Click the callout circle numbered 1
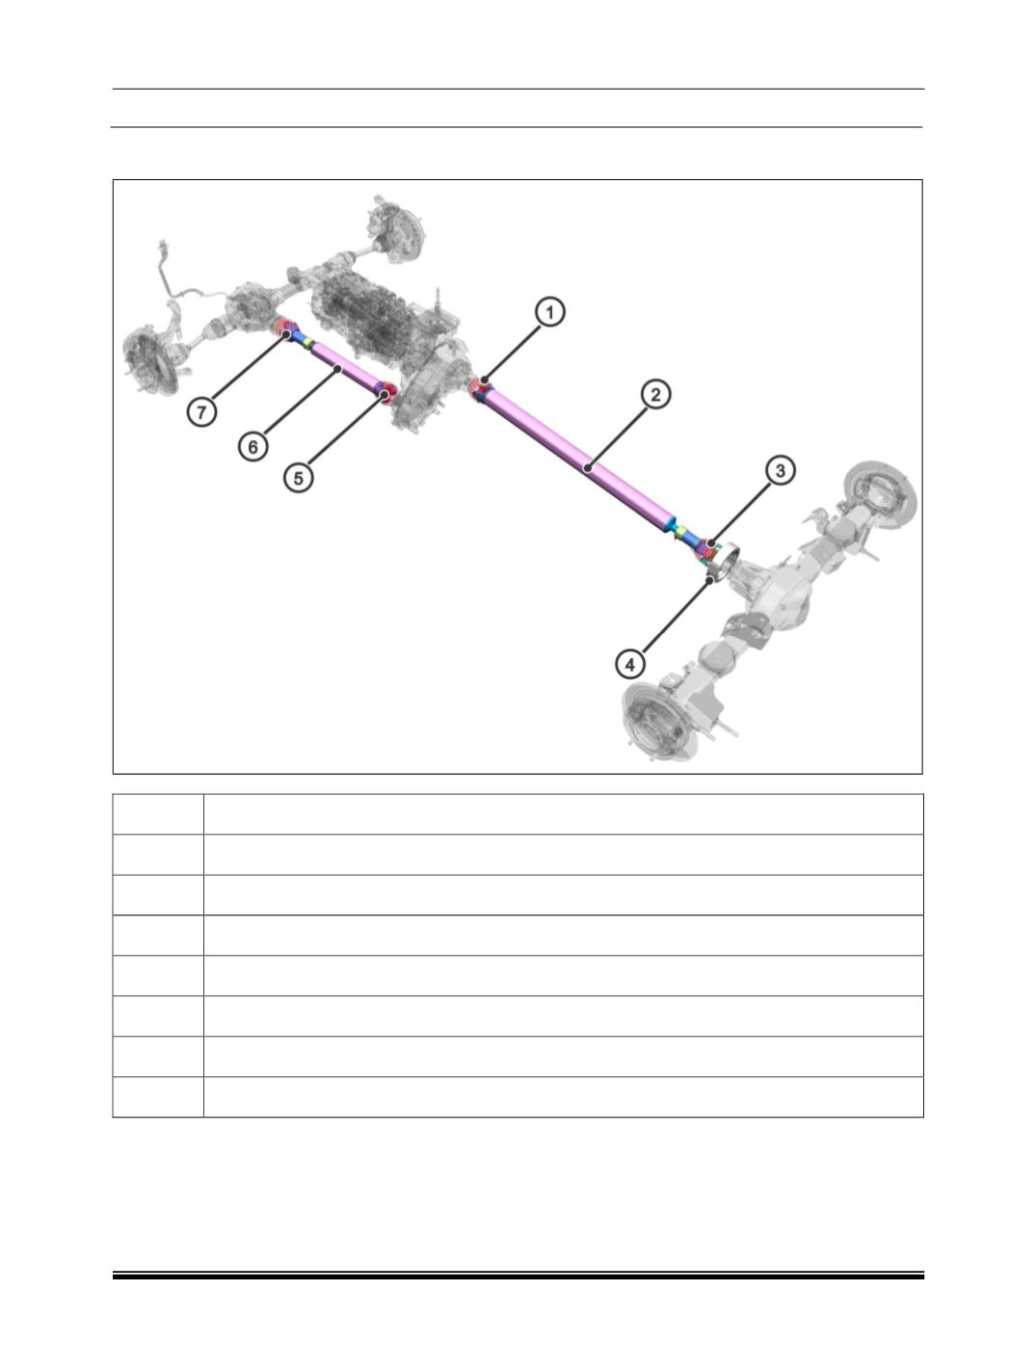pos(549,312)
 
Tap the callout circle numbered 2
pos(654,394)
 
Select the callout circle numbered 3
pos(780,470)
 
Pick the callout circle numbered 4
pos(629,664)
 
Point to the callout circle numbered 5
pos(299,478)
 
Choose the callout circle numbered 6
pos(252,446)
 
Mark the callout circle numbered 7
pos(201,412)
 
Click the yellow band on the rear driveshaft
pos(682,531)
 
